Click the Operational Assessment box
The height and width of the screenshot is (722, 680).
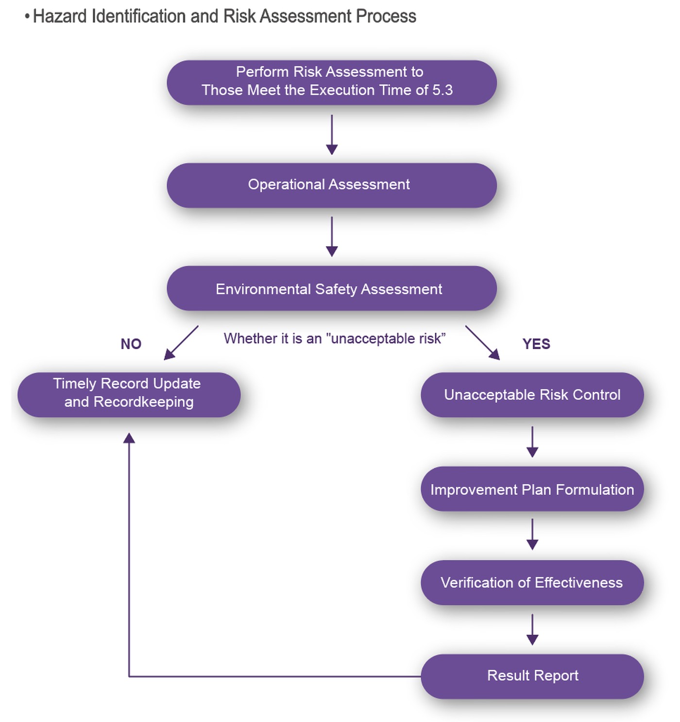pyautogui.click(x=331, y=185)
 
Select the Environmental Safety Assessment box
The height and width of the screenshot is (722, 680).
pyautogui.click(x=331, y=288)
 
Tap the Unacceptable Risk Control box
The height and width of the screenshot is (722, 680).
pyautogui.click(x=532, y=394)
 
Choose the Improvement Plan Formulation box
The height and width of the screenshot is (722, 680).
pyautogui.click(x=532, y=489)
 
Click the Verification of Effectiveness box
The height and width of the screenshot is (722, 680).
pyautogui.click(x=532, y=582)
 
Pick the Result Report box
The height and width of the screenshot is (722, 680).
pyautogui.click(x=532, y=676)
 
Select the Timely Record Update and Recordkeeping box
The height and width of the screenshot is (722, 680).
pyautogui.click(x=129, y=394)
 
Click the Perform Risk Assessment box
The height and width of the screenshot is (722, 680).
pyautogui.click(x=331, y=83)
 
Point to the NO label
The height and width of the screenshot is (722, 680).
pyautogui.click(x=131, y=344)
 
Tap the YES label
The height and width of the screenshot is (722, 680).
pyautogui.click(x=536, y=344)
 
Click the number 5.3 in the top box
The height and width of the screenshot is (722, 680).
pyautogui.click(x=442, y=90)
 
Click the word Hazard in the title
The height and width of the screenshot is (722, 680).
pyautogui.click(x=60, y=17)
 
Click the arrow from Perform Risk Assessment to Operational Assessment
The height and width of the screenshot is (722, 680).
pyautogui.click(x=331, y=135)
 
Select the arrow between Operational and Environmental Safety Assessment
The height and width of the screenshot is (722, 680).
pyautogui.click(x=331, y=236)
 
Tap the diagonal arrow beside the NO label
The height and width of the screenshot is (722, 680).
pyautogui.click(x=181, y=343)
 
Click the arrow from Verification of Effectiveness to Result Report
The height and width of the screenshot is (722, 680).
pyautogui.click(x=532, y=630)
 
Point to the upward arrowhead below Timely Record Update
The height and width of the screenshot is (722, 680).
pyautogui.click(x=129, y=438)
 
